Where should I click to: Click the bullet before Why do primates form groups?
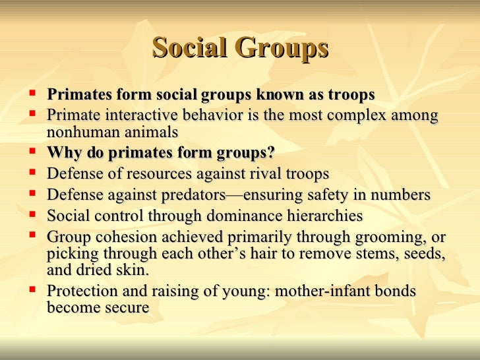32,153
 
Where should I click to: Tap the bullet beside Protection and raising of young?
32,290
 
